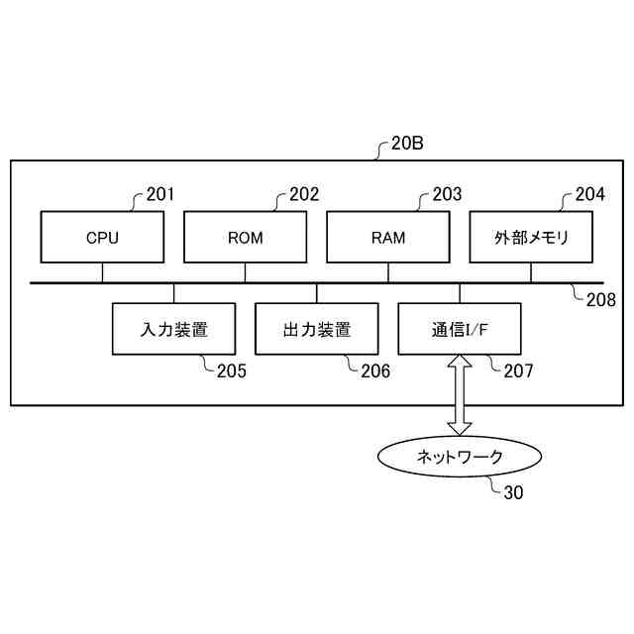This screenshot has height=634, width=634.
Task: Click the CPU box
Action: pos(102,238)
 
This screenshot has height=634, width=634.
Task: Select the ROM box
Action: pos(245,238)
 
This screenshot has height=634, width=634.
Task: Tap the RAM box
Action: pos(388,238)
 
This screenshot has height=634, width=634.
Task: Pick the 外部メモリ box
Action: pos(530,238)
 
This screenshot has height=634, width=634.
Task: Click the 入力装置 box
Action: pos(173,330)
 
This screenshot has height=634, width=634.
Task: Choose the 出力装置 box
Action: pos(317,330)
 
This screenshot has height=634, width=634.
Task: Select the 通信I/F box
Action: pos(460,330)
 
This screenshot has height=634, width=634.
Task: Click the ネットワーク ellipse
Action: pos(460,457)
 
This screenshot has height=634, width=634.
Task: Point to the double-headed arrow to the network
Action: pos(460,395)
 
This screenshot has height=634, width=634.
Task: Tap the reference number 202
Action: pos(304,194)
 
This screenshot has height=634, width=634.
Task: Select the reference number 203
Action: pos(447,194)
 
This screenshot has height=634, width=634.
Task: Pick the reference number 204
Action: pos(589,194)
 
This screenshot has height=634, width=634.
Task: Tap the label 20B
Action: pos(407,145)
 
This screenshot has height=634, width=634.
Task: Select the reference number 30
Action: pos(514,491)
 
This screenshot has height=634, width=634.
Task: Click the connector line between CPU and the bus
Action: pos(102,272)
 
